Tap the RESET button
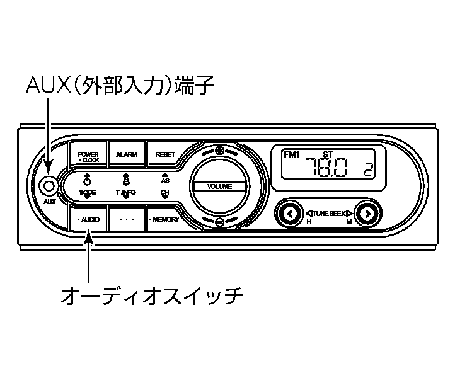[165, 154]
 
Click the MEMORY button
[164, 219]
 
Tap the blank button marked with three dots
[127, 219]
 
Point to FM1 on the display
[292, 154]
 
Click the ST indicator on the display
[327, 154]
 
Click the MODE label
[87, 192]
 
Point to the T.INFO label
[125, 192]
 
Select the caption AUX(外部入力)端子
[120, 86]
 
